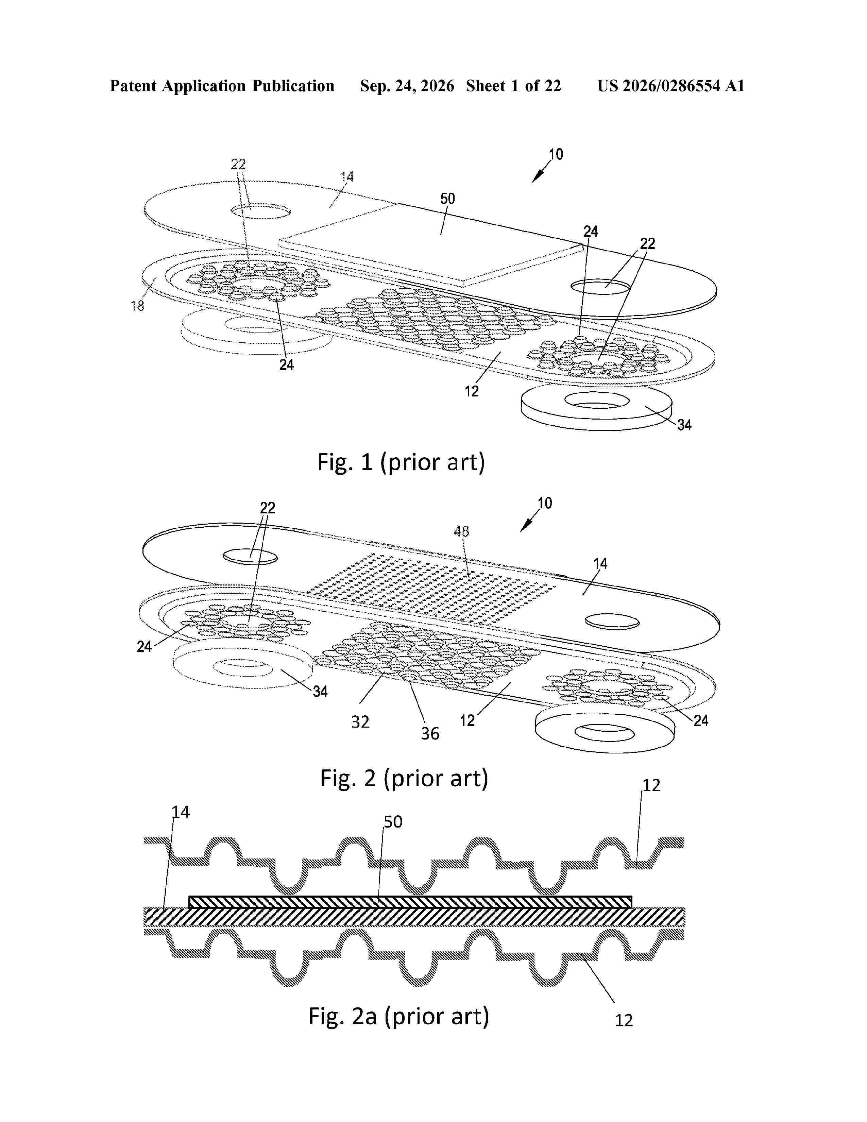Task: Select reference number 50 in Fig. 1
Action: (x=447, y=199)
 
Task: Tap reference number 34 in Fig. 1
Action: (x=684, y=425)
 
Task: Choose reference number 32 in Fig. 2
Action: (x=360, y=722)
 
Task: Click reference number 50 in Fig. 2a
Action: (x=393, y=822)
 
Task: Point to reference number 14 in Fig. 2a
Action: (x=180, y=812)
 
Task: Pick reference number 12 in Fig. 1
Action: (x=472, y=391)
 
